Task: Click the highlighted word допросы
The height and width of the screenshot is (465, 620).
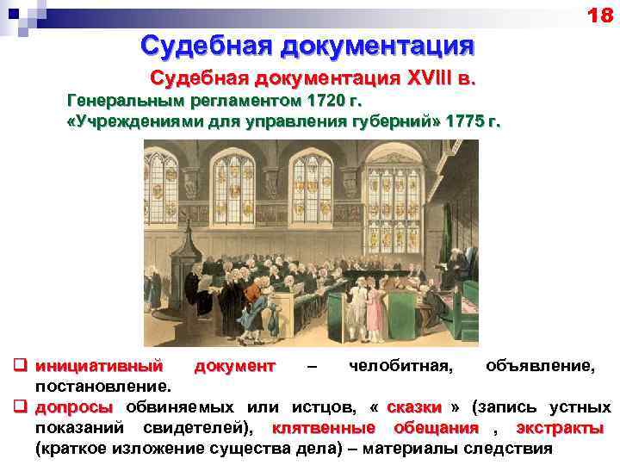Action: tap(73, 407)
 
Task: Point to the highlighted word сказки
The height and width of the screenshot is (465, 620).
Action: tap(415, 407)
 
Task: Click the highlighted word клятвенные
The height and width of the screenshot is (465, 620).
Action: tap(323, 428)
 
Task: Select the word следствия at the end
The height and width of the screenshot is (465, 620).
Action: tap(508, 448)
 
